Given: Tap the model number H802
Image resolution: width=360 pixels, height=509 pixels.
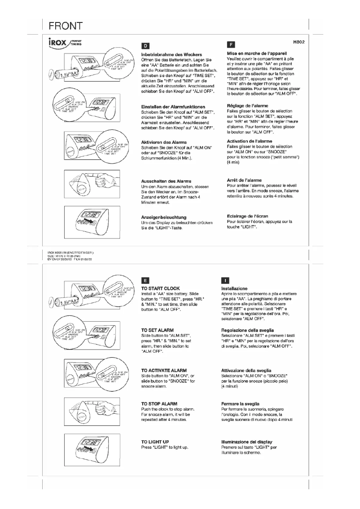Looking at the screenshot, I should coord(299,42).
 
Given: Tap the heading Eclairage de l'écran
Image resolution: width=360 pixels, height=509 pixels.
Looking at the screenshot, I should coord(248,216).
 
